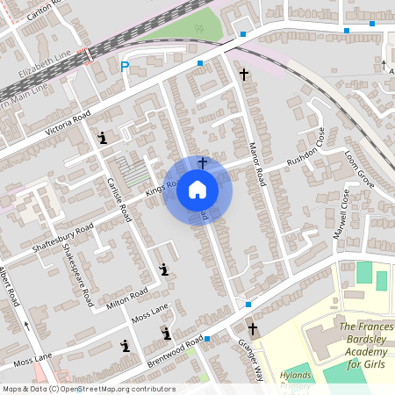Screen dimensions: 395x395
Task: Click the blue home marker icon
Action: (x=197, y=190)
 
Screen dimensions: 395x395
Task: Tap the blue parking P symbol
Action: (x=125, y=66)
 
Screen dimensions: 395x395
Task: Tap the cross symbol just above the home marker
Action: (x=203, y=162)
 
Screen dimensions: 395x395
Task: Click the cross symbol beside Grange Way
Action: (x=254, y=329)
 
